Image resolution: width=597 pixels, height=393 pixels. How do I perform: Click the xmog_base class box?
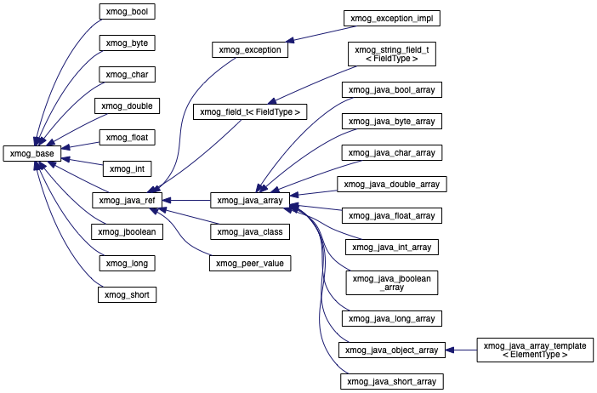pyautogui.click(x=32, y=153)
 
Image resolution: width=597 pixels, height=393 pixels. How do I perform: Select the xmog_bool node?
pyautogui.click(x=128, y=11)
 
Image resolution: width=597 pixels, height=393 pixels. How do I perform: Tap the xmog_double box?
pyautogui.click(x=128, y=105)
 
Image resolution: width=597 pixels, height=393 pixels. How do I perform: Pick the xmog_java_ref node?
pyautogui.click(x=128, y=200)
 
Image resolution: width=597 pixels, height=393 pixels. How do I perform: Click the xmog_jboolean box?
pyautogui.click(x=128, y=231)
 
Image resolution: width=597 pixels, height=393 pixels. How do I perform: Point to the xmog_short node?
pyautogui.click(x=128, y=294)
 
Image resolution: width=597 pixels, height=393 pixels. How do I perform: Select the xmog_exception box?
pyautogui.click(x=250, y=50)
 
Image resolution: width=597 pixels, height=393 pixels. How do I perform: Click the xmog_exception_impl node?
pyautogui.click(x=392, y=18)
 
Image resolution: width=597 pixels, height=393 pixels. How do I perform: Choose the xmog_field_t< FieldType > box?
pyautogui.click(x=250, y=112)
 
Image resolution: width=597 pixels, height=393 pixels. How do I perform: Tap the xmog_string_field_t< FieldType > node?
pyautogui.click(x=392, y=54)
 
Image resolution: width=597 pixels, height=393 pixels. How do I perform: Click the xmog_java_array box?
pyautogui.click(x=250, y=200)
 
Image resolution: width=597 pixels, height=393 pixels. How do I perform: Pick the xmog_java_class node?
pyautogui.click(x=250, y=231)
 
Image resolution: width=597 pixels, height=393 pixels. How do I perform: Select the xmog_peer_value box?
pyautogui.click(x=250, y=263)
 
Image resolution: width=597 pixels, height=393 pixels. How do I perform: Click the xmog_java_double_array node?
pyautogui.click(x=392, y=185)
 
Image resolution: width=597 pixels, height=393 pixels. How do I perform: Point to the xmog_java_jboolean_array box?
pyautogui.click(x=392, y=283)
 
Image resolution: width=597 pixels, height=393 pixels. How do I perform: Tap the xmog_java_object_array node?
pyautogui.click(x=392, y=350)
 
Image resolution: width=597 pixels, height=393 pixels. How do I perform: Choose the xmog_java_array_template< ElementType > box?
pyautogui.click(x=535, y=350)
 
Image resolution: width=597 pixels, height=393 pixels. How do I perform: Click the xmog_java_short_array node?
pyautogui.click(x=392, y=382)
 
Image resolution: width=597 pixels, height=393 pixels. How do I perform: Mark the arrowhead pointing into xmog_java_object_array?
pyautogui.click(x=450, y=350)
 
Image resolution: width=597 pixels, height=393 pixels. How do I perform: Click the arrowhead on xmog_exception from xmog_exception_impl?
pyautogui.click(x=291, y=40)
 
